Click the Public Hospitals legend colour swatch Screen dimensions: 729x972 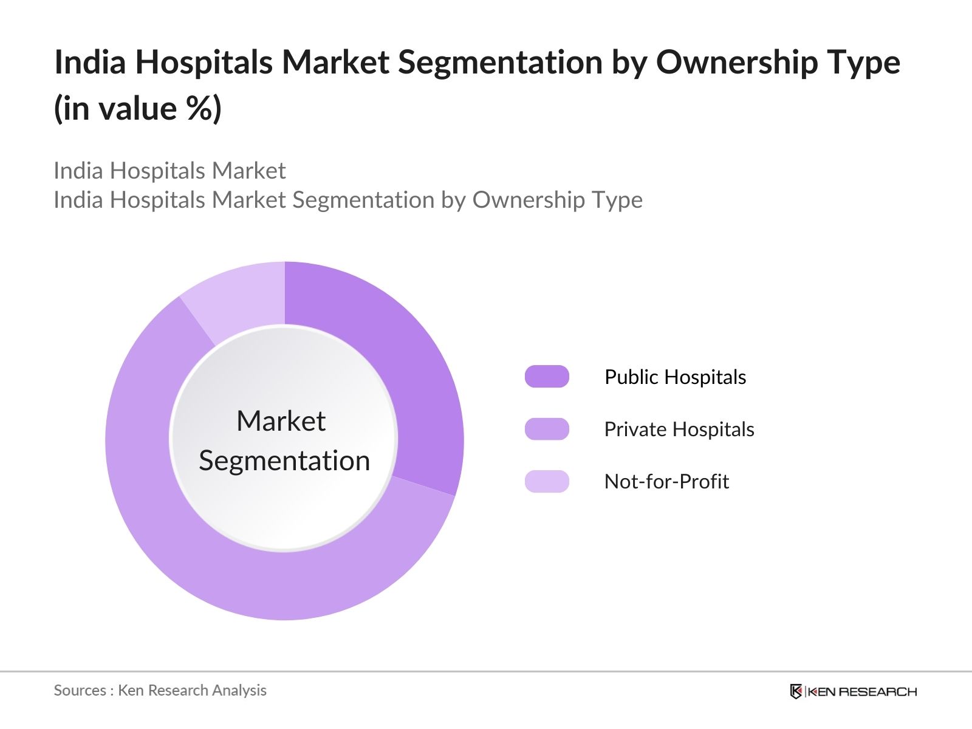547,377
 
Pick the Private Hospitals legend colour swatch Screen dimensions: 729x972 547,429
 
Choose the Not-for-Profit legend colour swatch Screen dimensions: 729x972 547,481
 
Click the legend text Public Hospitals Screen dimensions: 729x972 675,377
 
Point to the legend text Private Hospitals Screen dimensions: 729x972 679,429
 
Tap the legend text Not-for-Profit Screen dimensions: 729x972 666,481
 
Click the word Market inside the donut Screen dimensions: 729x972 281,421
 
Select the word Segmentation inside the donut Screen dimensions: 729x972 284,460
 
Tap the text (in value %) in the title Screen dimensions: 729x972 138,109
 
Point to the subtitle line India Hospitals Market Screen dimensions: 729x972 169,171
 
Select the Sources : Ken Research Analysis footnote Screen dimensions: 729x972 160,690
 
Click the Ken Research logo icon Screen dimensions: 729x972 796,691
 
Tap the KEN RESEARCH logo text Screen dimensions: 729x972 862,691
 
